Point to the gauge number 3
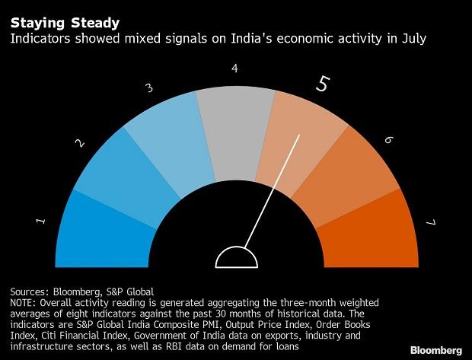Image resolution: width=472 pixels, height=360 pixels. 149,88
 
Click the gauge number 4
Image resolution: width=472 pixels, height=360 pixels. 234,68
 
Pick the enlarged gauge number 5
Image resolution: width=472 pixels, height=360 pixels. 323,84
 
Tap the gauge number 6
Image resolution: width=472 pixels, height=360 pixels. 388,140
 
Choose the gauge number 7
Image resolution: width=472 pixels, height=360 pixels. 430,222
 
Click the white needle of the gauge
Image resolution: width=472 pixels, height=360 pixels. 274,190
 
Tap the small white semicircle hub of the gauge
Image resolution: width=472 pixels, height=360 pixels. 234,260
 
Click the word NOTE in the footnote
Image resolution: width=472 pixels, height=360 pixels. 23,302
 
